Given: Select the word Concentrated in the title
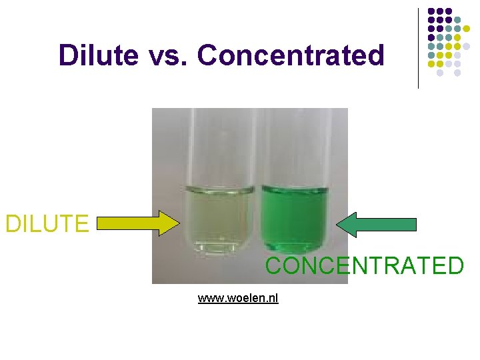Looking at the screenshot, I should pyautogui.click(x=291, y=55).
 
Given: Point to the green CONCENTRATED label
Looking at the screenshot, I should pyautogui.click(x=364, y=266).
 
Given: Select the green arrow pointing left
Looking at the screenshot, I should pyautogui.click(x=377, y=225).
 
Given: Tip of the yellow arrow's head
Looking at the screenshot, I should pyautogui.click(x=179, y=223).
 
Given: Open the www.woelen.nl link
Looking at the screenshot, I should pyautogui.click(x=238, y=298).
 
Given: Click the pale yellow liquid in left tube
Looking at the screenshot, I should pyautogui.click(x=217, y=217).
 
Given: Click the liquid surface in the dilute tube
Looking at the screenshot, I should pyautogui.click(x=217, y=189).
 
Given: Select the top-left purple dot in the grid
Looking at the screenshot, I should pyautogui.click(x=431, y=11).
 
